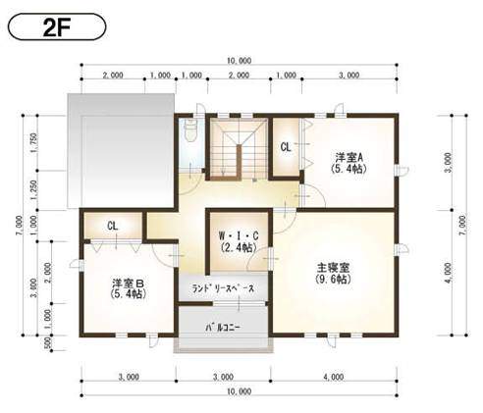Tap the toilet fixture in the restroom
pos(190,129)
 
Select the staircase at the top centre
pos(236,151)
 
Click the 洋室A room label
pos(349,157)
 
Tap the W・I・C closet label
pos(237,235)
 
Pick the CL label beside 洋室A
pos(286,148)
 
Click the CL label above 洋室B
pos(113,226)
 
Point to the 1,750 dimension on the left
pos(34,142)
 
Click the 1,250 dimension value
pos(34,190)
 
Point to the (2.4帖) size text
pos(237,248)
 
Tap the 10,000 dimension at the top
pos(238,61)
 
